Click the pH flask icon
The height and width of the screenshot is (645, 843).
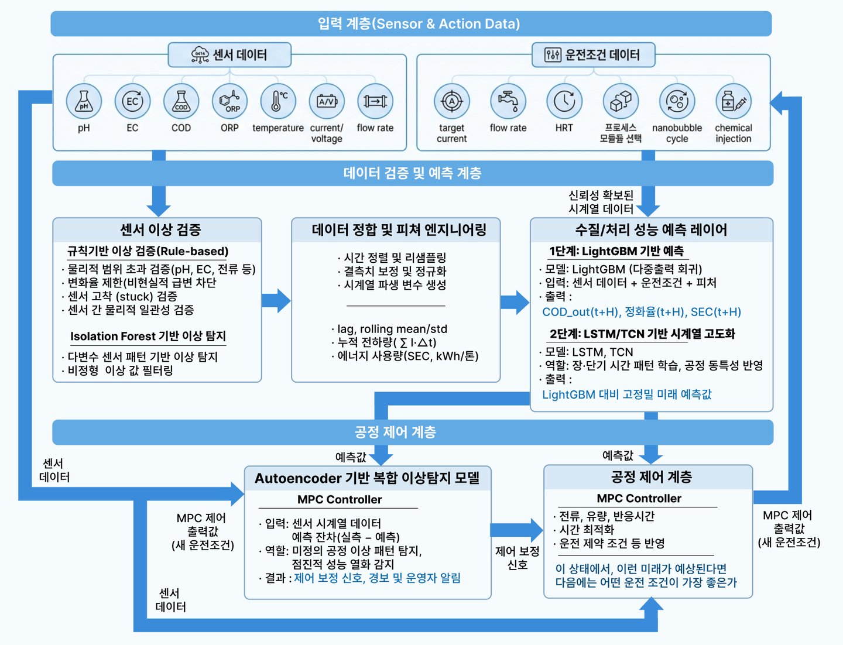[84, 101]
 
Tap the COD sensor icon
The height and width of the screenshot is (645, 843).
[181, 101]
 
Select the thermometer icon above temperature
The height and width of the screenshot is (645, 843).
[278, 101]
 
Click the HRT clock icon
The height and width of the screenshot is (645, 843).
[564, 101]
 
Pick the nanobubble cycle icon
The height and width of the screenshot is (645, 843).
[677, 101]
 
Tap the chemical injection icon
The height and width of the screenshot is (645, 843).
[733, 101]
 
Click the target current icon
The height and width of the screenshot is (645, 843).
[451, 101]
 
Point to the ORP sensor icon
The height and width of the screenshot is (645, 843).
[229, 101]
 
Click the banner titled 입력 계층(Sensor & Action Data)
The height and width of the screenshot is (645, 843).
[411, 23]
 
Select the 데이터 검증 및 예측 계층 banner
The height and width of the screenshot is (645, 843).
[412, 173]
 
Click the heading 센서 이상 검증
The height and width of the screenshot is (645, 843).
[160, 229]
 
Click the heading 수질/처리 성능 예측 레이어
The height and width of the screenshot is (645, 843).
[651, 229]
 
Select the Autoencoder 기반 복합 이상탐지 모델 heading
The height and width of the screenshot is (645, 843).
[367, 478]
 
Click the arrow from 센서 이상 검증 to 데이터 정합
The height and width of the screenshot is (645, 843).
[276, 301]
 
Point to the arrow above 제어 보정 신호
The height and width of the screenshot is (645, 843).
[516, 530]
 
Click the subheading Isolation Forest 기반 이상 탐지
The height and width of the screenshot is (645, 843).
[148, 336]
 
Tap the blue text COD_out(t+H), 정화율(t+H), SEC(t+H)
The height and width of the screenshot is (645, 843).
[642, 312]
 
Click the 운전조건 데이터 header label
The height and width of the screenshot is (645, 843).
[593, 55]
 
